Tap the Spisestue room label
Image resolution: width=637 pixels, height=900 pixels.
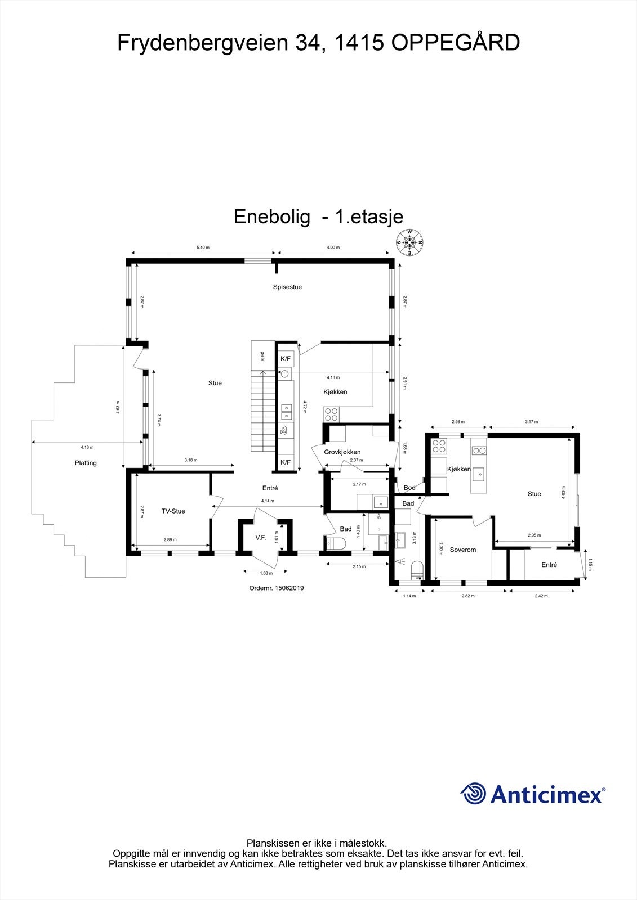(287, 287)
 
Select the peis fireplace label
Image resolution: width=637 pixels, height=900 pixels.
(262, 356)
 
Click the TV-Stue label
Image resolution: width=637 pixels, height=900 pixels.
(173, 511)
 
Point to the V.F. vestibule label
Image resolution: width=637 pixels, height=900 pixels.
(260, 538)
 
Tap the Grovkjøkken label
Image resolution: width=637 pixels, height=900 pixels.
(342, 452)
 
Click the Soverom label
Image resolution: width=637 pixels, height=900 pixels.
(463, 550)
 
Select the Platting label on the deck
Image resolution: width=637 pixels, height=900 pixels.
(86, 463)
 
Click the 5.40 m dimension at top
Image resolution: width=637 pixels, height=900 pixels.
(203, 247)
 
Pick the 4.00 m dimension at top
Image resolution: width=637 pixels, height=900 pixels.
(333, 247)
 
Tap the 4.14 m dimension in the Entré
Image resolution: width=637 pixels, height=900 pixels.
(268, 501)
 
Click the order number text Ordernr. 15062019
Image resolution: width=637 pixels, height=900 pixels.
(277, 588)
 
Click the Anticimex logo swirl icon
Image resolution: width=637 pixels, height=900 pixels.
(473, 794)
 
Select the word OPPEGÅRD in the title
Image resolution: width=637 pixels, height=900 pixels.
(455, 43)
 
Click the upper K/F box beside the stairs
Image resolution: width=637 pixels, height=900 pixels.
(286, 359)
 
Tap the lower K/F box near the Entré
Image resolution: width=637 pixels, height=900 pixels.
(286, 462)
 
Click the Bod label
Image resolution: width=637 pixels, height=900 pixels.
(409, 488)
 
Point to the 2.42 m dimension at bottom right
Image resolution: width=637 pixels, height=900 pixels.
(541, 596)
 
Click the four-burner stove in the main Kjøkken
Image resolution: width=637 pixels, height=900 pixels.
(331, 415)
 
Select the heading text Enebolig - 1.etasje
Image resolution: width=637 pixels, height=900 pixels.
(318, 217)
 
